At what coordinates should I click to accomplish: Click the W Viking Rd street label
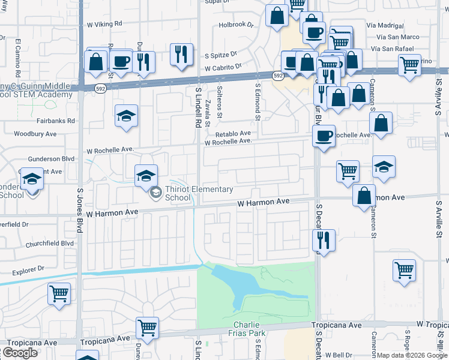(x=104, y=25)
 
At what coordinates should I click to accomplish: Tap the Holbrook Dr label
(x=237, y=25)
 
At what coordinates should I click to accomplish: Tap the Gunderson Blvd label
(x=51, y=158)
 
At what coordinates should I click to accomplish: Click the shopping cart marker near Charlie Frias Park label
(x=147, y=328)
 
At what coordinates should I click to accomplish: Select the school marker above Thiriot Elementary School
(x=146, y=175)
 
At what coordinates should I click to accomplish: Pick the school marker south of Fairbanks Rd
(x=127, y=115)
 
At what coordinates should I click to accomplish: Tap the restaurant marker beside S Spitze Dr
(x=181, y=54)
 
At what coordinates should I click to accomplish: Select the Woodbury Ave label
(x=35, y=133)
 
